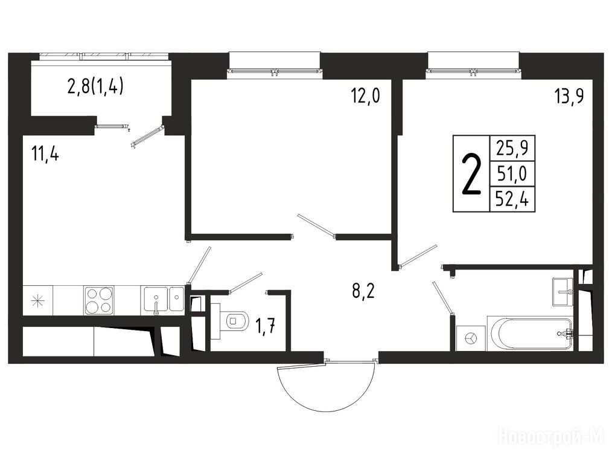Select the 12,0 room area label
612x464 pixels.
[365, 95]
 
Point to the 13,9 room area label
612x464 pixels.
[569, 95]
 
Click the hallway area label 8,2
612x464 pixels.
[363, 291]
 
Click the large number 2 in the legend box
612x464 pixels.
[471, 173]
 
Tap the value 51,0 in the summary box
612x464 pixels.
[512, 173]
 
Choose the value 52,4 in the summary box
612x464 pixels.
[512, 199]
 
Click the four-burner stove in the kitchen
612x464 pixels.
[99, 300]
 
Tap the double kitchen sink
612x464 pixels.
[164, 300]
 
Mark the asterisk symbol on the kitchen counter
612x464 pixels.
[38, 300]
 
